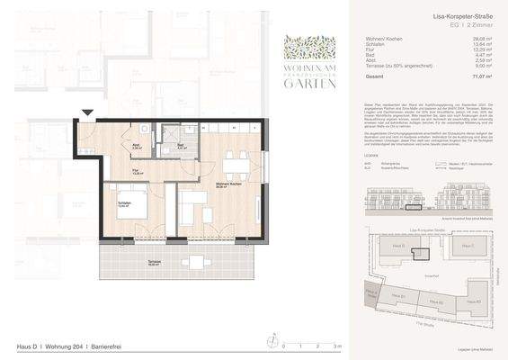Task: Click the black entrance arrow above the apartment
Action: (87, 112)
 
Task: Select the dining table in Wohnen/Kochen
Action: (236, 165)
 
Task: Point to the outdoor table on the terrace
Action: (194, 263)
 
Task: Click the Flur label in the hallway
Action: (135, 174)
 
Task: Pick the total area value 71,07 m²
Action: (481, 78)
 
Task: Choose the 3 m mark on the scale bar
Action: (335, 346)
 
